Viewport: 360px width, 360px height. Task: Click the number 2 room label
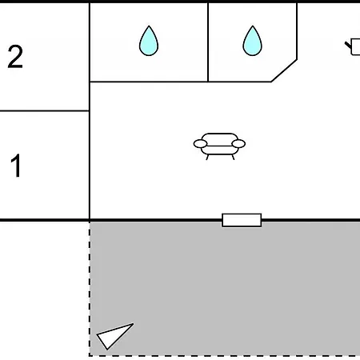15,57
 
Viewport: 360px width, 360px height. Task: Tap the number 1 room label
16,166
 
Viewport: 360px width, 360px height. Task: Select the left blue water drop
149,41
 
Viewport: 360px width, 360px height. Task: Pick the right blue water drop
252,41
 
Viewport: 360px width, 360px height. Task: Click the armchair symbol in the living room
219,146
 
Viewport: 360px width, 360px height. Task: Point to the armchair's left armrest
200,144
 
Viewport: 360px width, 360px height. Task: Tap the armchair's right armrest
238,144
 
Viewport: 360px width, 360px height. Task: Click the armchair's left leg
207,157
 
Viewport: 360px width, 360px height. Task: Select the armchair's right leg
233,157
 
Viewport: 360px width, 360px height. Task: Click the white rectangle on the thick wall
242,220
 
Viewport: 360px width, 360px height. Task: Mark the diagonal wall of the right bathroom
284,70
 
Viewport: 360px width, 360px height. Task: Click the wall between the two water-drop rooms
208,42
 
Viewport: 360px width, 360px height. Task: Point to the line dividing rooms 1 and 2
45,110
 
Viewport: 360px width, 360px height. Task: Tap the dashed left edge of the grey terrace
90,289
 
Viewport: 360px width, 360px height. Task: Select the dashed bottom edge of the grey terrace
225,355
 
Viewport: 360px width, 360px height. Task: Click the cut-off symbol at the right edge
353,47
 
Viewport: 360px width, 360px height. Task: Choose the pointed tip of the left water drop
149,26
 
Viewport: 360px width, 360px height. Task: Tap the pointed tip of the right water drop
252,26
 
